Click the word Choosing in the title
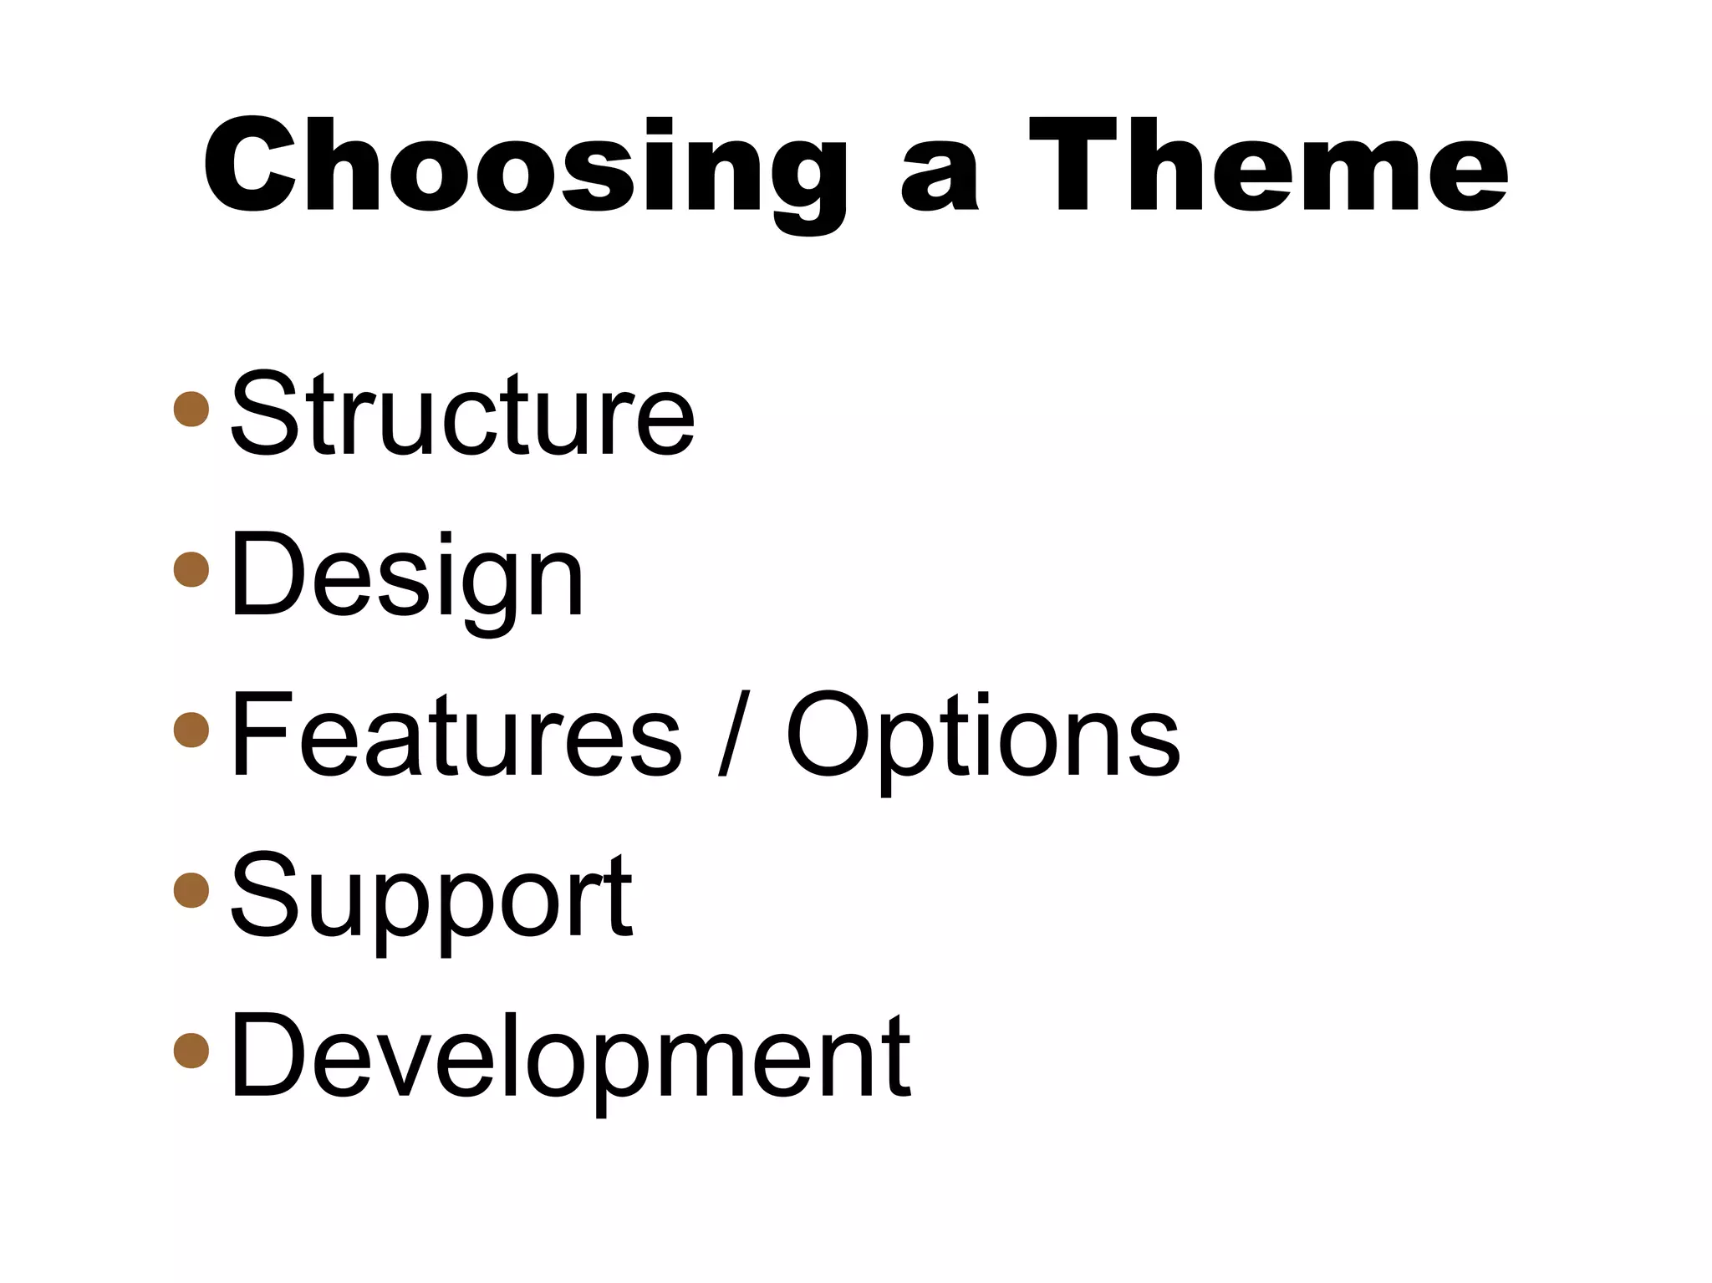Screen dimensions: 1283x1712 point(524,166)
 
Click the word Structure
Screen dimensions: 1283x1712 point(462,415)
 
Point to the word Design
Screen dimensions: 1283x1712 point(406,577)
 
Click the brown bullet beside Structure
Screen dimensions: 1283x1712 point(191,409)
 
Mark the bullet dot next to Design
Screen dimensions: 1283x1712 point(191,569)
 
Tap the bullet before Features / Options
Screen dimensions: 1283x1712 point(191,729)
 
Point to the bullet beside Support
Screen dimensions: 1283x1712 point(191,889)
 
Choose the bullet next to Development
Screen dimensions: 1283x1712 point(191,1050)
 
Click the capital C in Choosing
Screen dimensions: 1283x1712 point(249,166)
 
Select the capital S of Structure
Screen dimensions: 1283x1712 point(264,415)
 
